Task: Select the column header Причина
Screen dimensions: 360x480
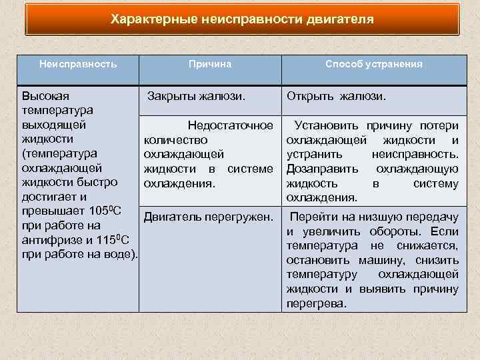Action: (209, 64)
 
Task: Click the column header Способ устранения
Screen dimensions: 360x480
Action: (373, 64)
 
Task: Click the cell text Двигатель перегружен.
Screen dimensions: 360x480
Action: (209, 217)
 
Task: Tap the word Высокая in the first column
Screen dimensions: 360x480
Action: (45, 95)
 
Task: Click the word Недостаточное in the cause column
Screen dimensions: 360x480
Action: (231, 125)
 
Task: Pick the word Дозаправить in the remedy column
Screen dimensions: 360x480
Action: (315, 169)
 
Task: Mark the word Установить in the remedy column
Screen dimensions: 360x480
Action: (324, 125)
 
